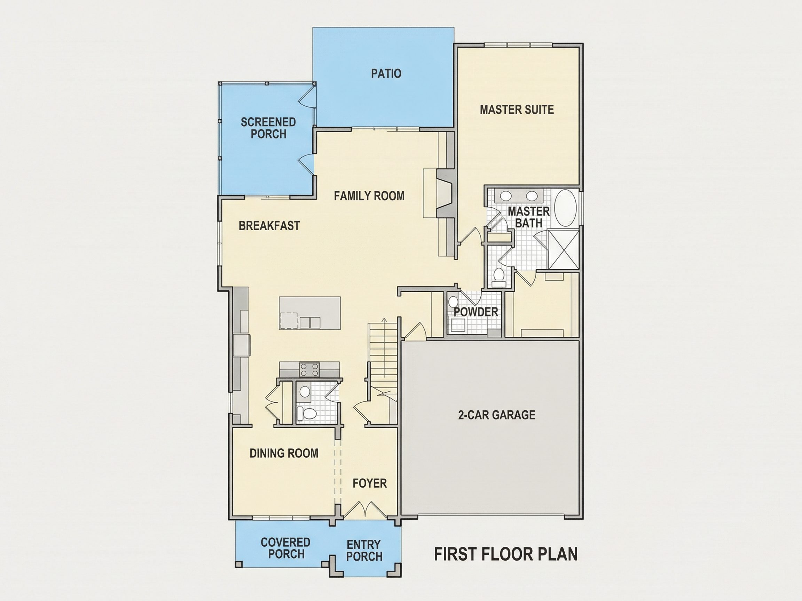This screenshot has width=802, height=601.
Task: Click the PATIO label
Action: point(386,73)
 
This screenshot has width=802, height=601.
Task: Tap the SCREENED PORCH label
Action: point(268,128)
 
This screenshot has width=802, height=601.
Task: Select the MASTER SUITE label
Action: point(517,110)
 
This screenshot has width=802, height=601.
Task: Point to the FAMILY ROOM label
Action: point(369,196)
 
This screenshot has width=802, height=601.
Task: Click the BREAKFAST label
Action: point(269,226)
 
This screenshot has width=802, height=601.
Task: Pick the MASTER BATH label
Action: point(529,217)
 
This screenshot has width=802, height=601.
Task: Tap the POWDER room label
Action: point(476,312)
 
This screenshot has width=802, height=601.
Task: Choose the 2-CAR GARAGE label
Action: point(497,415)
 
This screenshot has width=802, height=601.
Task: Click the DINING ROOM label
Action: point(284,453)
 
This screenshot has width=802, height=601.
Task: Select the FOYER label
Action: point(370,483)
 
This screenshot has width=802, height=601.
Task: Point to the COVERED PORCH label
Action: point(286,548)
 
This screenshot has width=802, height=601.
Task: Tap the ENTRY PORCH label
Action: point(364,550)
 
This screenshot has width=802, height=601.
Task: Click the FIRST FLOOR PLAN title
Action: point(506,554)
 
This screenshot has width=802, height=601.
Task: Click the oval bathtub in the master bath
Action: point(566,208)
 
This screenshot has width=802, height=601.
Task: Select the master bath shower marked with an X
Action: point(563,249)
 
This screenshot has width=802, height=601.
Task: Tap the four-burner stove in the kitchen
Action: point(309,370)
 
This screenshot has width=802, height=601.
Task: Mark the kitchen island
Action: point(310,313)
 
